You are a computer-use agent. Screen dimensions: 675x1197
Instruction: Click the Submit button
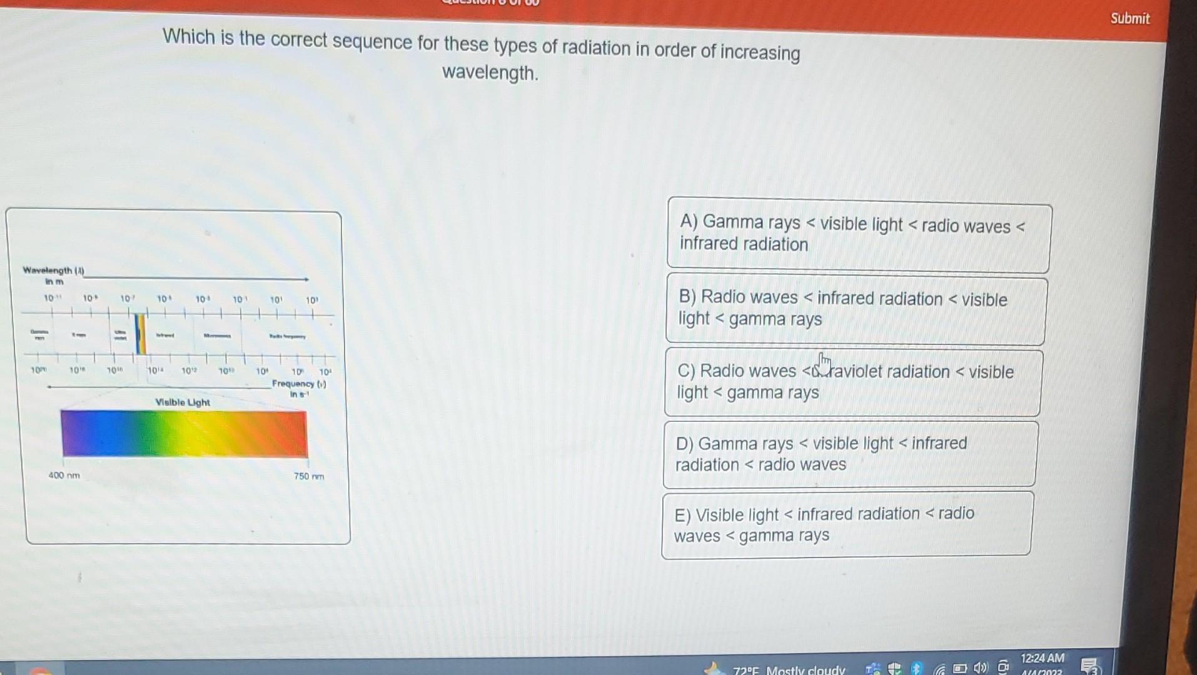[x=1129, y=19]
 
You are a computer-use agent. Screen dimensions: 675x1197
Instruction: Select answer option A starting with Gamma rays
[x=858, y=235]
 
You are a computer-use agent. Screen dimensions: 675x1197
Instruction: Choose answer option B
[x=856, y=309]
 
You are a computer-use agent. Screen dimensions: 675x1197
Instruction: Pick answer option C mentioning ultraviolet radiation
[x=852, y=382]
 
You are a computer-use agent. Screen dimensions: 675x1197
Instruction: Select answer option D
[x=849, y=454]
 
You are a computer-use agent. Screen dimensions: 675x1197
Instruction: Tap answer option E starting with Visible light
[x=846, y=524]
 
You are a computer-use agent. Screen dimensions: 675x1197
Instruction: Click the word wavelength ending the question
[x=490, y=74]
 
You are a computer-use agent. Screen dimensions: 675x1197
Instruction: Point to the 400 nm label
[x=64, y=476]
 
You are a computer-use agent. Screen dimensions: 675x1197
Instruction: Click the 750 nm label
[x=309, y=477]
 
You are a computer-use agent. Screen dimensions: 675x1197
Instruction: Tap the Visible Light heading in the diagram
[x=183, y=402]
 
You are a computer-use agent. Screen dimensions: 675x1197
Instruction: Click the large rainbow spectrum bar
[x=184, y=433]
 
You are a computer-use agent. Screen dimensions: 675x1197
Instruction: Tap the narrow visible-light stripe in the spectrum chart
[x=141, y=334]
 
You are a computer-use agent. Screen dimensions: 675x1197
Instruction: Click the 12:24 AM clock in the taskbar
[x=1042, y=659]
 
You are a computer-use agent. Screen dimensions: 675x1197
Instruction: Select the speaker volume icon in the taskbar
[x=979, y=668]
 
